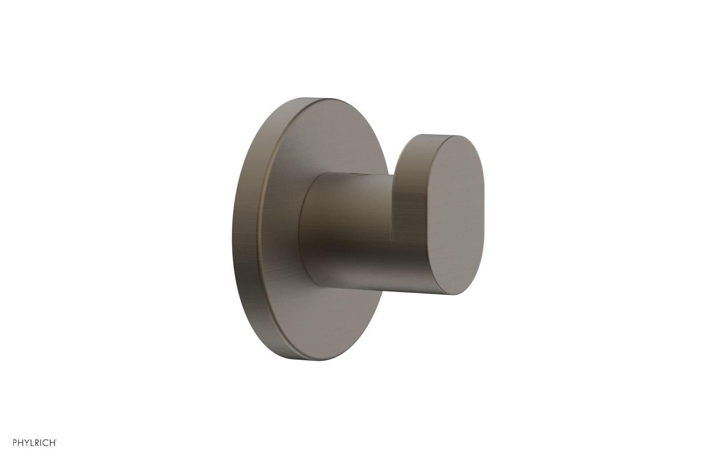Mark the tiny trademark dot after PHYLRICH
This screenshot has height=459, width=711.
(56, 440)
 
